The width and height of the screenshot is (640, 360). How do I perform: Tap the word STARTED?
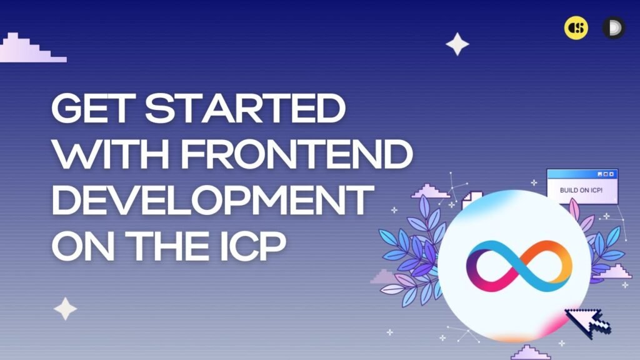pos(246,108)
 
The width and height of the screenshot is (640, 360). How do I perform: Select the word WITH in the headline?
pos(111,154)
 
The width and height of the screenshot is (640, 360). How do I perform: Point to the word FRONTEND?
pos(297,154)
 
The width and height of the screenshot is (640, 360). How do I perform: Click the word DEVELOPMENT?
pos(212,201)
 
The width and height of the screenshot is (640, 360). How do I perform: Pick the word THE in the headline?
pos(168,246)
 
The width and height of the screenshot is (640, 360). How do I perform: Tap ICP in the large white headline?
pos(253,246)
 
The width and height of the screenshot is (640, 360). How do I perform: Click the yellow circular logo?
pos(576,27)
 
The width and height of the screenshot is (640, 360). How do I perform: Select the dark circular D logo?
pos(614,27)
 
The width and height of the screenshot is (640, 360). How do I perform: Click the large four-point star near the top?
pos(457,44)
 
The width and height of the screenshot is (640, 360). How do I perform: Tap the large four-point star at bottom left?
pos(65,309)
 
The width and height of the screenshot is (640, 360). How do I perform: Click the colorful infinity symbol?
pos(519,266)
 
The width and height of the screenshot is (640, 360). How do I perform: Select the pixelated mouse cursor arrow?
pos(587,322)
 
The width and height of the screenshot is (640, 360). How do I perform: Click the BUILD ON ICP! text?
pos(581,190)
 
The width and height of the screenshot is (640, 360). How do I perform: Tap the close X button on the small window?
pos(611,174)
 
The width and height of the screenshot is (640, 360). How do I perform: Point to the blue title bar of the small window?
pos(582,174)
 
